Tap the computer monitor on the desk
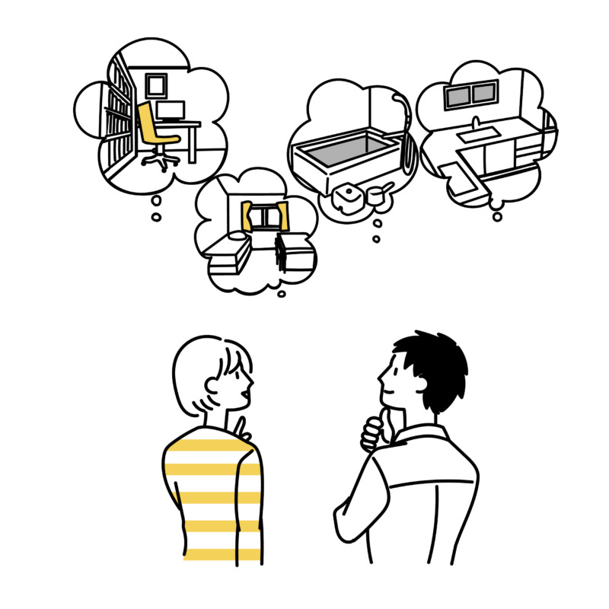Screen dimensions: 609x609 click(171, 111)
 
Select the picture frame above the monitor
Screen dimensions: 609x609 click(156, 84)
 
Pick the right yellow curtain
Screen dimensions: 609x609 click(284, 216)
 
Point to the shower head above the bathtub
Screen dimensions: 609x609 click(399, 100)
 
